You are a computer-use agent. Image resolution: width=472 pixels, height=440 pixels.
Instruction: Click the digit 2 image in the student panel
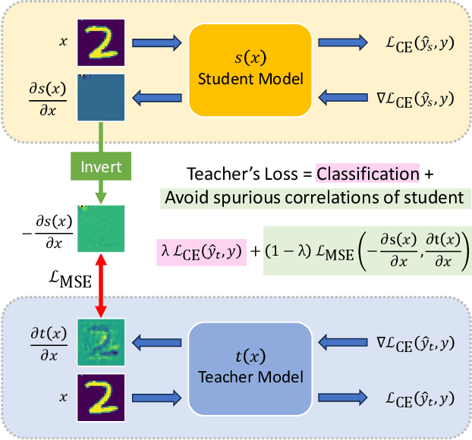pos(99,43)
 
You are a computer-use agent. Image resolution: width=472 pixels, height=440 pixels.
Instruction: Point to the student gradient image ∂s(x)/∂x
pos(99,96)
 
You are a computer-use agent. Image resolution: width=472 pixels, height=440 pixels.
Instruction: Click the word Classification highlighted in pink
pos(367,174)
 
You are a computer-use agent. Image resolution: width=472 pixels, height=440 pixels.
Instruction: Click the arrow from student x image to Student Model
pos(156,43)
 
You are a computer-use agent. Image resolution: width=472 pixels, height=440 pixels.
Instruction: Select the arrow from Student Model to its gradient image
pos(156,96)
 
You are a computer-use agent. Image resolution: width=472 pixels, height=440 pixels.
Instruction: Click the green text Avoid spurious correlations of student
pos(314,199)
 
